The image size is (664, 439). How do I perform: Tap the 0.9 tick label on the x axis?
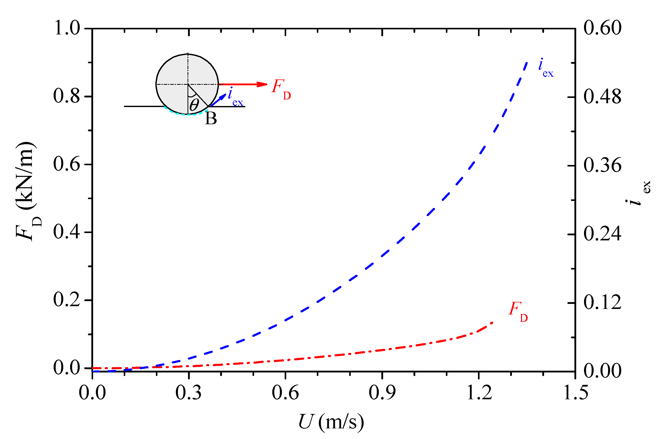pos(382,392)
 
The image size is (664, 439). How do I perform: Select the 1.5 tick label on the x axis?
pos(575,392)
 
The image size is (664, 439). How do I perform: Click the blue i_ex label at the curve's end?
pos(545,68)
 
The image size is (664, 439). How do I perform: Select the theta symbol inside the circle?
pos(194,105)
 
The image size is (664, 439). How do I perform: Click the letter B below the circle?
pos(211,119)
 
